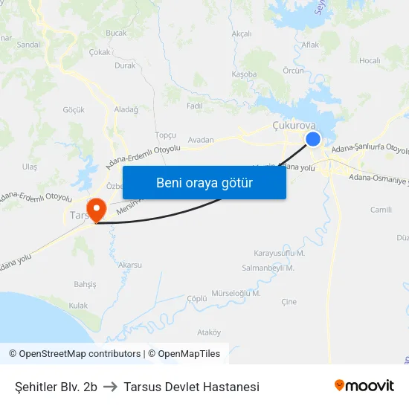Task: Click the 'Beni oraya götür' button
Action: tap(204, 183)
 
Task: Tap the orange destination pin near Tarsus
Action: tap(96, 208)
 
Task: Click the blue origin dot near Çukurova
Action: tap(313, 139)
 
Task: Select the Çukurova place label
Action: tap(294, 126)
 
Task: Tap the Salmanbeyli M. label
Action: tap(268, 268)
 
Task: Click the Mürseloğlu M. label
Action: tap(236, 293)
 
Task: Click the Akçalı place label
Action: tap(242, 33)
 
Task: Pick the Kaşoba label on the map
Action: tap(244, 74)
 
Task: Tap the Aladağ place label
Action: tap(126, 109)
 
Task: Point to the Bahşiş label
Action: tap(85, 285)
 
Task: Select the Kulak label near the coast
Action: tap(78, 305)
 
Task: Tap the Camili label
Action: tap(381, 210)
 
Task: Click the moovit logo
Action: tap(364, 386)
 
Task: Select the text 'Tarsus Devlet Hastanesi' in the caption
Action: tap(192, 387)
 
